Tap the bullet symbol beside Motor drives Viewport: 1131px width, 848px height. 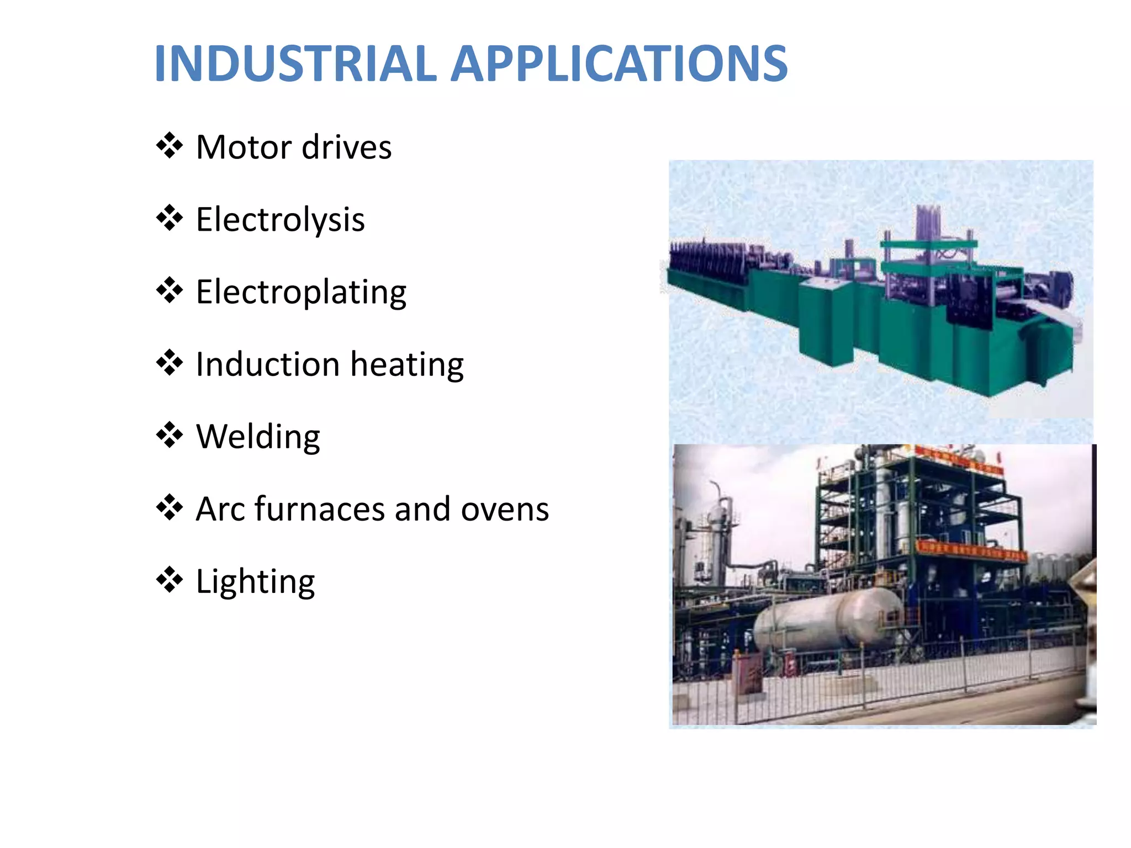(170, 146)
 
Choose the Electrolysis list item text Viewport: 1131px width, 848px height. (280, 220)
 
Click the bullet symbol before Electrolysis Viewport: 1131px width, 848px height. (170, 218)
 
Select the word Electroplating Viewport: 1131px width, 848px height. (301, 293)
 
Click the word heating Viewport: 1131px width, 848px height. (407, 365)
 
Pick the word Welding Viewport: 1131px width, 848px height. (258, 438)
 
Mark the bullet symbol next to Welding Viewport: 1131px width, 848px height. (170, 435)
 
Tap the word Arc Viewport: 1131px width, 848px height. (220, 509)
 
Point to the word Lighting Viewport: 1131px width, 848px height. (255, 582)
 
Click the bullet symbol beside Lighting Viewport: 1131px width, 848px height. (170, 580)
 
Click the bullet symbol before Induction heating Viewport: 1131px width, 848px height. (170, 363)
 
